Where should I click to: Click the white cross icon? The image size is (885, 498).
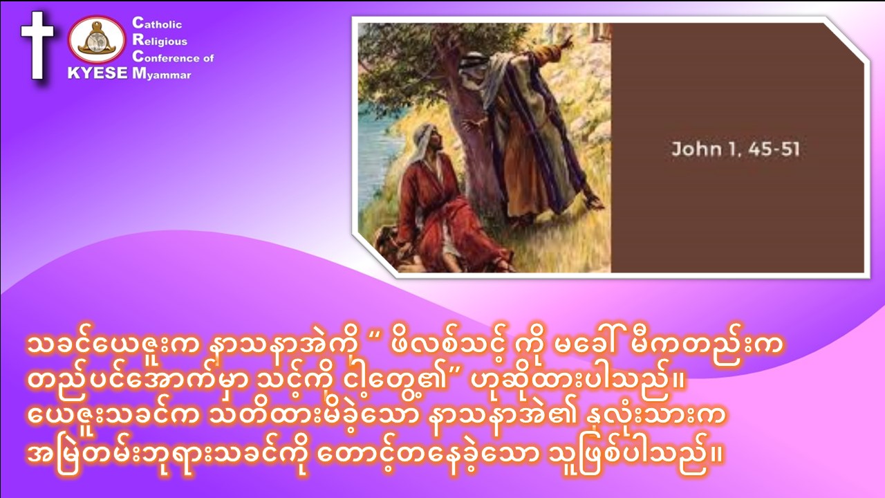(x=37, y=45)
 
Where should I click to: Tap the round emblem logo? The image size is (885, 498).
(x=97, y=40)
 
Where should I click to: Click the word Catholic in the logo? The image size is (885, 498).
(x=157, y=24)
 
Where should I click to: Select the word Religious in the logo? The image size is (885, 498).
(x=160, y=40)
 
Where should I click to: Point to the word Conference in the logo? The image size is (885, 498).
(x=167, y=57)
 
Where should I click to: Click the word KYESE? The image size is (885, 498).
(x=97, y=73)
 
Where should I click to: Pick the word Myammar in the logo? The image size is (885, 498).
(x=162, y=74)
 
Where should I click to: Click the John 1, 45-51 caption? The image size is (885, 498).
(x=736, y=149)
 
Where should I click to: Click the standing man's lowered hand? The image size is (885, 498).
(x=594, y=201)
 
